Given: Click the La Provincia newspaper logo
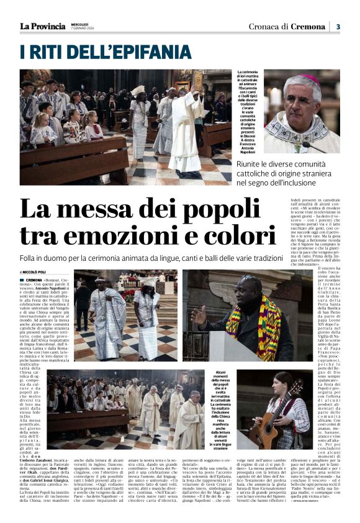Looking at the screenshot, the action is point(42,26).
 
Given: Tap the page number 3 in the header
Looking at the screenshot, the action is point(338,27).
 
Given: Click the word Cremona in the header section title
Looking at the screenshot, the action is point(308,27).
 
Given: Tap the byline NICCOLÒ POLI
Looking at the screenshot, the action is point(35,272).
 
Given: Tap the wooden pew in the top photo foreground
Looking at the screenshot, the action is point(68,163).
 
